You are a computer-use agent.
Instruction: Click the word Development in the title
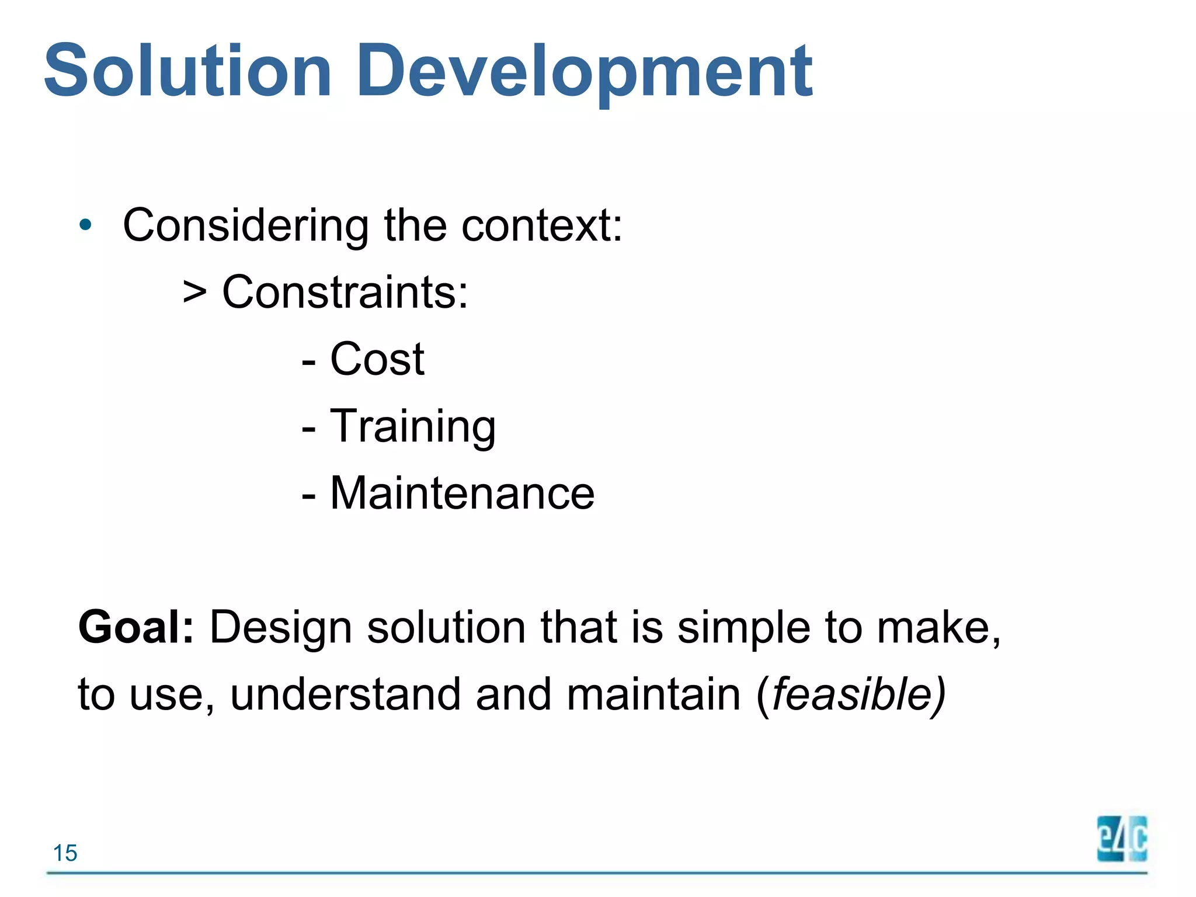tap(584, 71)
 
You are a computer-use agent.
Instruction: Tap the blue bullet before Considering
tap(86, 225)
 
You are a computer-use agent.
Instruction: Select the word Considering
tap(245, 227)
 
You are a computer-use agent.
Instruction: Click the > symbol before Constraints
tap(194, 292)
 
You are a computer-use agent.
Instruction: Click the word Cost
tap(377, 359)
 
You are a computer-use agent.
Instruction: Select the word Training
tap(413, 427)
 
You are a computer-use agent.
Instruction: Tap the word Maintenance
tap(462, 493)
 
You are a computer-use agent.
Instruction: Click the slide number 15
tap(65, 853)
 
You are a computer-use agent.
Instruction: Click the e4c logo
tap(1122, 839)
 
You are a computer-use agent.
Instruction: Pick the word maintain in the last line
tap(653, 695)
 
